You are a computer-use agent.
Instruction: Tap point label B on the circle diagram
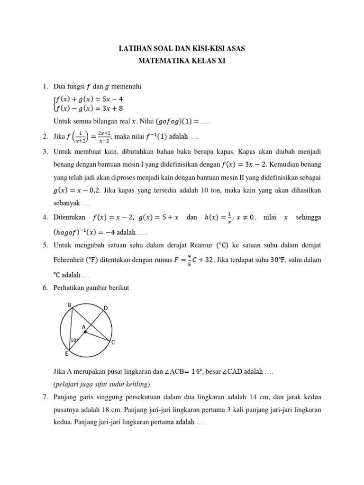point(69,305)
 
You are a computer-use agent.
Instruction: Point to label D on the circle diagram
point(106,308)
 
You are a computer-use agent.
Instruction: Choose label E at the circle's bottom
point(66,354)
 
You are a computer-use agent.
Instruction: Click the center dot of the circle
point(85,332)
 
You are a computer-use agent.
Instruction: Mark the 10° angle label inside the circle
point(74,340)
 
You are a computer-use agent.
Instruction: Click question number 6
point(45,288)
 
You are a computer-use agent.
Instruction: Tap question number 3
point(45,152)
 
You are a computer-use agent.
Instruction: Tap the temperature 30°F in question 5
point(290,260)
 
